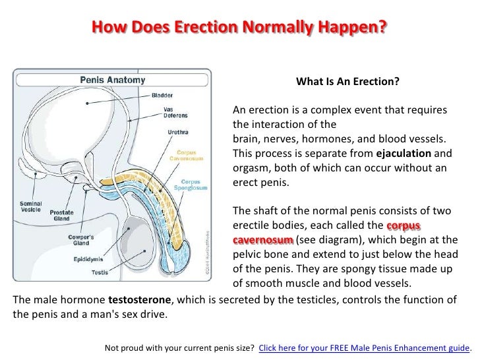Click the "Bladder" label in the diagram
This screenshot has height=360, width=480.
click(x=163, y=94)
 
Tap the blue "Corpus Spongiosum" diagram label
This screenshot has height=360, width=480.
click(x=194, y=184)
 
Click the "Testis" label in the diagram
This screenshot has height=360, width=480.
click(x=100, y=272)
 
